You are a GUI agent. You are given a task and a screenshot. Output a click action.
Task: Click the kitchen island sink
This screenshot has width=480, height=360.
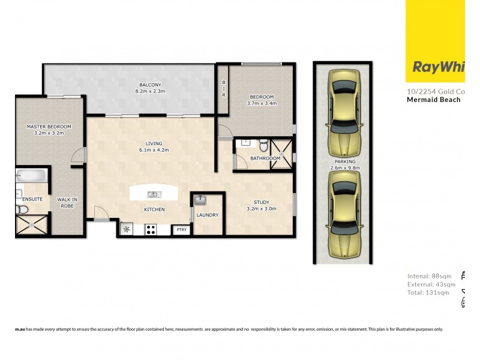pyautogui.click(x=154, y=194)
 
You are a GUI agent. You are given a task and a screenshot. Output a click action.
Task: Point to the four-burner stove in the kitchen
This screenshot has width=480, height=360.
pyautogui.click(x=150, y=229)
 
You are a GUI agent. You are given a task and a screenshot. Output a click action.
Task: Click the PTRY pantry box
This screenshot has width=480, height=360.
pyautogui.click(x=180, y=229)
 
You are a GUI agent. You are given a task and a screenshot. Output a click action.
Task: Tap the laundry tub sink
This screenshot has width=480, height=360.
pyautogui.click(x=200, y=200)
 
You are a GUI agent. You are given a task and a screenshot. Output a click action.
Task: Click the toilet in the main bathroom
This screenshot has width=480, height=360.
pyautogui.click(x=263, y=145)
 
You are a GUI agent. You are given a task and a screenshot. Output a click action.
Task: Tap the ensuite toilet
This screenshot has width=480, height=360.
pyautogui.click(x=22, y=209)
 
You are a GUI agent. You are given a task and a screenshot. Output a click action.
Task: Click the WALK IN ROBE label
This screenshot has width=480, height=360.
pyautogui.click(x=66, y=202)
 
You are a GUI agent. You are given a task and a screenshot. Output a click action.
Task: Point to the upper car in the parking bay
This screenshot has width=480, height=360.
pyautogui.click(x=345, y=108)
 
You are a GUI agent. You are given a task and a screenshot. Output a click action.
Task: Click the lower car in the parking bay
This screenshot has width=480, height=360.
pyautogui.click(x=345, y=219)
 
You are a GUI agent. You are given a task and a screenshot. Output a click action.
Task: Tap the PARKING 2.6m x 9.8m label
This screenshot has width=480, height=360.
pyautogui.click(x=345, y=165)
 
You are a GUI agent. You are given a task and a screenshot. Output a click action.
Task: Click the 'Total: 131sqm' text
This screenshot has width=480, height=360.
pyautogui.click(x=428, y=293)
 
